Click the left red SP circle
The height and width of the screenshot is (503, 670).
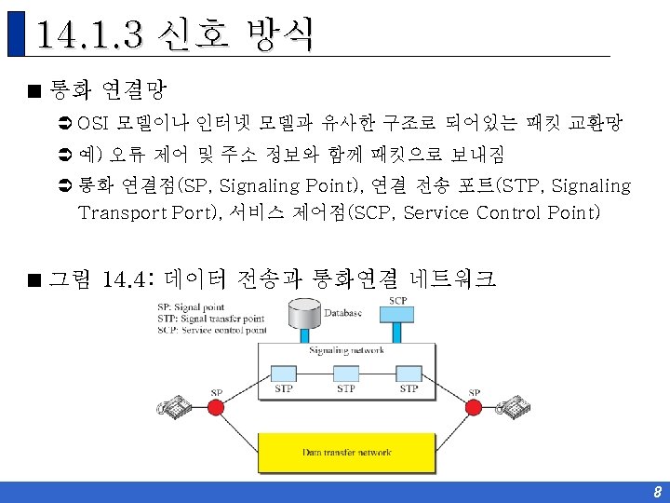pyautogui.click(x=217, y=407)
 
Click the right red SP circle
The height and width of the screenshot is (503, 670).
pyautogui.click(x=475, y=407)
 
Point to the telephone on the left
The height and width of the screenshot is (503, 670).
pyautogui.click(x=174, y=406)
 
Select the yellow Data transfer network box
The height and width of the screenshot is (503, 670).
pyautogui.click(x=346, y=453)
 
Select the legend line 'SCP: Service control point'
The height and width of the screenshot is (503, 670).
pyautogui.click(x=212, y=329)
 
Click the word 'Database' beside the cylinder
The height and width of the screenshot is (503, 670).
pyautogui.click(x=343, y=313)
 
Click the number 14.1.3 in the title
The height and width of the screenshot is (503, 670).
pyautogui.click(x=88, y=34)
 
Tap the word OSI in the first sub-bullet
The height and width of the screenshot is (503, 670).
pyautogui.click(x=95, y=122)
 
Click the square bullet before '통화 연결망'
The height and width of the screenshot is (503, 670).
pyautogui.click(x=33, y=91)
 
